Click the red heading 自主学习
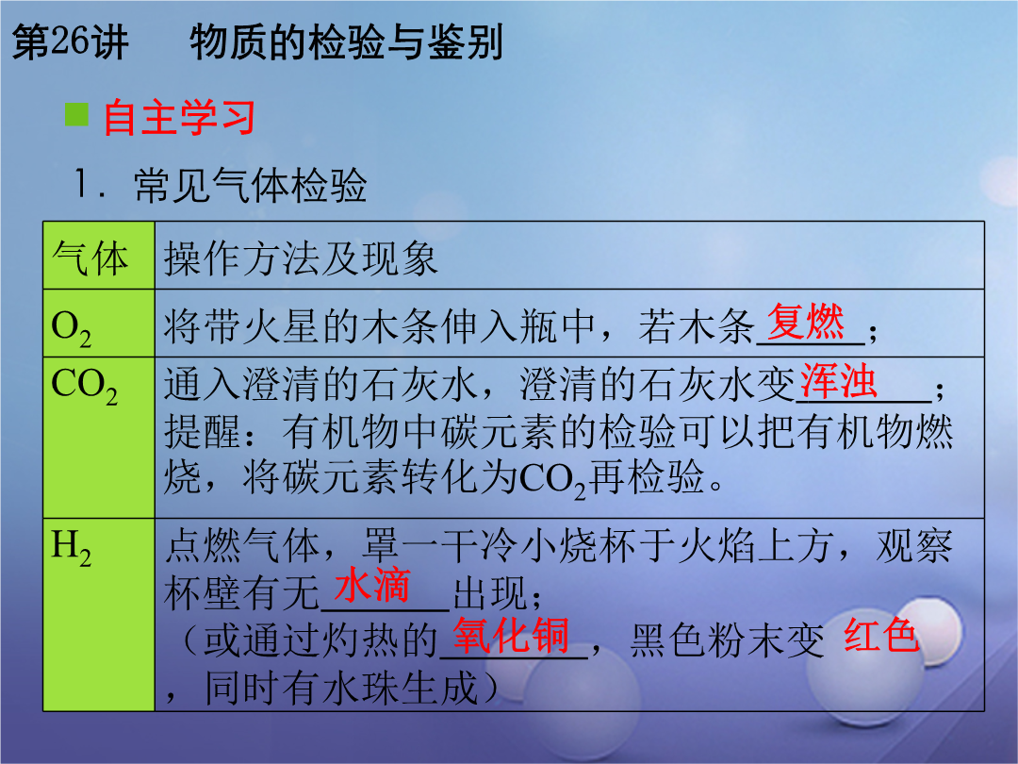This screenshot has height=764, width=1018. coord(179,118)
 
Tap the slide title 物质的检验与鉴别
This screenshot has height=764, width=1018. coord(347,42)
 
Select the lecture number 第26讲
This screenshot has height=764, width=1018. coord(70,42)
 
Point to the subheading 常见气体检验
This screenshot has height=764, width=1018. coord(251,185)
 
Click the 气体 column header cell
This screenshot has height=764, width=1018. coord(99,256)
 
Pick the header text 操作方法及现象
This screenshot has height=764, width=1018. coord(301,258)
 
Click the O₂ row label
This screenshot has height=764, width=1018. coord(71,328)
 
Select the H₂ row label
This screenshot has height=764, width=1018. coord(71,548)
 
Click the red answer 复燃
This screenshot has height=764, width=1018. coord(806,322)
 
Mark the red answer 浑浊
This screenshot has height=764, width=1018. coord(839,381)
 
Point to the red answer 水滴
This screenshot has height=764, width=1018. coord(372,585)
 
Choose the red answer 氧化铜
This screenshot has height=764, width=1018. coord(511,636)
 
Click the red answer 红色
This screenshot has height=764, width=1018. coord(881,635)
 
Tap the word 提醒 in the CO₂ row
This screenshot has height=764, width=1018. coord(203,432)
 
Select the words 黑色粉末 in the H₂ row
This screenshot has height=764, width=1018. coord(708,640)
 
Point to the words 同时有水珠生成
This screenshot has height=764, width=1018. coord(341,688)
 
